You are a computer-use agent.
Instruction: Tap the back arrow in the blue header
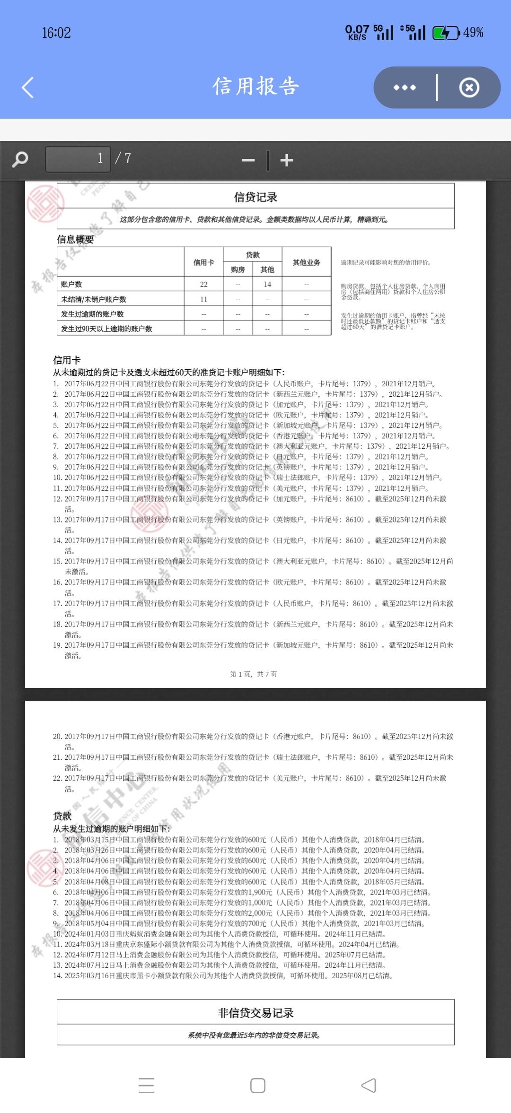click(28, 87)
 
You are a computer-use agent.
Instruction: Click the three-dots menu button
click(405, 87)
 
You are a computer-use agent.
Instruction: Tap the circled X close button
click(469, 87)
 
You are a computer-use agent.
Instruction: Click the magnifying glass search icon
click(20, 159)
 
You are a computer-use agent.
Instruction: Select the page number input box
click(78, 159)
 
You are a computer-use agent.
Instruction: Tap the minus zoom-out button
click(248, 160)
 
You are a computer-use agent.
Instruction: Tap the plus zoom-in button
click(286, 160)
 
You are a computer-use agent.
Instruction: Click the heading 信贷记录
click(255, 197)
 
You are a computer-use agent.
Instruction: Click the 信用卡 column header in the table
click(203, 262)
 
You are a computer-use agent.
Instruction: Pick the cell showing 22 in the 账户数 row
click(203, 284)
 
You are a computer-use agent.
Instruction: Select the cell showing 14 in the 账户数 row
click(267, 284)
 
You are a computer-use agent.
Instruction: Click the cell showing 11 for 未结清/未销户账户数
click(203, 299)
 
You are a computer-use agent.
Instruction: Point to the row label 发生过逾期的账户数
click(92, 314)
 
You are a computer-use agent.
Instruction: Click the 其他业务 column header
click(306, 262)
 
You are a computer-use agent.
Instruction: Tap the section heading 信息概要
click(75, 239)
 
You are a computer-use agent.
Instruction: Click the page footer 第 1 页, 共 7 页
click(254, 674)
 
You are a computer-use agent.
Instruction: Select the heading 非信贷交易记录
click(255, 1013)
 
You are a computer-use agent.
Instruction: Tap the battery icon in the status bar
click(446, 33)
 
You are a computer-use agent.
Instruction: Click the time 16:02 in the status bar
click(56, 33)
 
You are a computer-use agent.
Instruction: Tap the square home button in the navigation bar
click(257, 1086)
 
